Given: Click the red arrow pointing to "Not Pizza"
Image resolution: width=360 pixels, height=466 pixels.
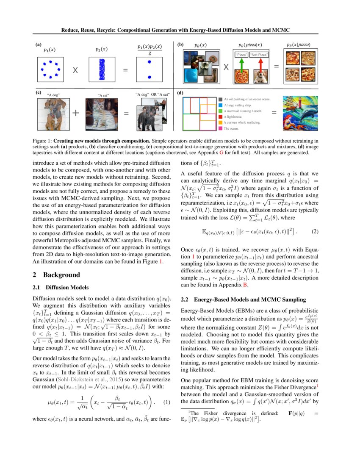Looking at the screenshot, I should point(260,64).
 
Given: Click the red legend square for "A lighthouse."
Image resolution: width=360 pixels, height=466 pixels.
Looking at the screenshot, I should point(221,116).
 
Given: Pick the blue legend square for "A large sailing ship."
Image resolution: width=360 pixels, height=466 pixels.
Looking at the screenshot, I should point(221,104).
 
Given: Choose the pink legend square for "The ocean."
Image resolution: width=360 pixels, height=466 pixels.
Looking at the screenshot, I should point(221,128).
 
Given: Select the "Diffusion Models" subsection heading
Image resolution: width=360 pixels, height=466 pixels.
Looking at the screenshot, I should point(66,287).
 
